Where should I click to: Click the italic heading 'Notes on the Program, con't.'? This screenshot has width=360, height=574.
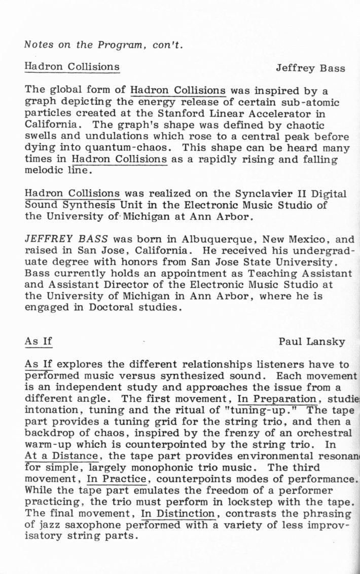[103, 45]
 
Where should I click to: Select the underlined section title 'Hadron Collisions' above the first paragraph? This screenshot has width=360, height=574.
[72, 67]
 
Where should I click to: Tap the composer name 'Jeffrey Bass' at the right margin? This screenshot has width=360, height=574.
[310, 68]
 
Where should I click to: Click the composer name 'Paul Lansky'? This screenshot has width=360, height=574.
[312, 342]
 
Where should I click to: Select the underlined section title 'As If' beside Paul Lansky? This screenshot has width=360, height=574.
[39, 341]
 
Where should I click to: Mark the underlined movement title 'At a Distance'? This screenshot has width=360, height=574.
[61, 455]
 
